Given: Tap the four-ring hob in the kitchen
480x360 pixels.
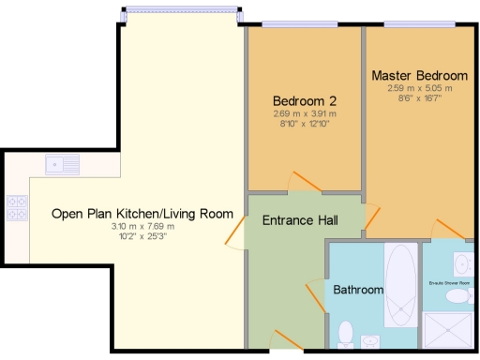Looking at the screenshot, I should (x=16, y=207).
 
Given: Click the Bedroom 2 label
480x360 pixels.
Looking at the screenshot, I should (x=305, y=101).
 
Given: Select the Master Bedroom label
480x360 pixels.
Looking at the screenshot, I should (x=419, y=75).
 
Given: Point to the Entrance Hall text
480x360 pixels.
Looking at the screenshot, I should (x=300, y=221).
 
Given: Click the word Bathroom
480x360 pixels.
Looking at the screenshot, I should (x=358, y=290).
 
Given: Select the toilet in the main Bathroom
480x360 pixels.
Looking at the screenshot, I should (x=345, y=334).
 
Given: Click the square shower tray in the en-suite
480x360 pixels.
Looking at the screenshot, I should (x=449, y=331).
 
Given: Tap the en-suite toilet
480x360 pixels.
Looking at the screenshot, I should (x=457, y=296).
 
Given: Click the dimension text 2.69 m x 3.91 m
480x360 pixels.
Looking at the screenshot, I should (x=305, y=113).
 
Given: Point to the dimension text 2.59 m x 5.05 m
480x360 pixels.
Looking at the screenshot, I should (x=419, y=88).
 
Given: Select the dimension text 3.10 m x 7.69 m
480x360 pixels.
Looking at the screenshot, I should (x=142, y=226).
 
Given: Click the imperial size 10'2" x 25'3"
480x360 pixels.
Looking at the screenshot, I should (x=142, y=235).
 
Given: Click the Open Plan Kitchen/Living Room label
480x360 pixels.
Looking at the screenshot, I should (x=142, y=214).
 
